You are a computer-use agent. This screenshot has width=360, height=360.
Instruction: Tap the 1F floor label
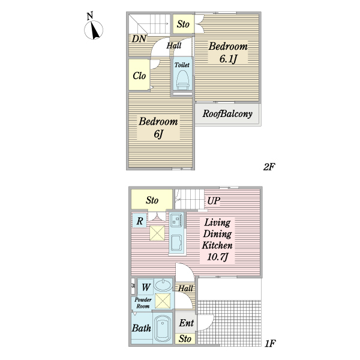(269, 343)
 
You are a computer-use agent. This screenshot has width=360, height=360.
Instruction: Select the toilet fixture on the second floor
(182, 78)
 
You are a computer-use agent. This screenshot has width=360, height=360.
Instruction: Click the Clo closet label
(139, 76)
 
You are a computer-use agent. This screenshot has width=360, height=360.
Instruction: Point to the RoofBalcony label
(227, 113)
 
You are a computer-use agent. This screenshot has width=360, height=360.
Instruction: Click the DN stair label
(139, 40)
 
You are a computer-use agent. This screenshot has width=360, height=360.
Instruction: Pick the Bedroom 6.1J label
(228, 52)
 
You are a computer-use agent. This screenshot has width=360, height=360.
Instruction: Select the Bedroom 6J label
(158, 127)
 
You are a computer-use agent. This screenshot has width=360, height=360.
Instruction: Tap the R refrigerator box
(139, 221)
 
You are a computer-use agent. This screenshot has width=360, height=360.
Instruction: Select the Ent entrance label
(186, 323)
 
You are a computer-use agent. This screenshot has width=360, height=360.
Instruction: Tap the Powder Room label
(142, 303)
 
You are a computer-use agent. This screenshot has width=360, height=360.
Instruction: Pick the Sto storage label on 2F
(183, 25)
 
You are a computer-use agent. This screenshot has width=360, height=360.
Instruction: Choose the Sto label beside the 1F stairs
(152, 200)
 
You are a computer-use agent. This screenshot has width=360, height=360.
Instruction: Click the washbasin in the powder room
(162, 285)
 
